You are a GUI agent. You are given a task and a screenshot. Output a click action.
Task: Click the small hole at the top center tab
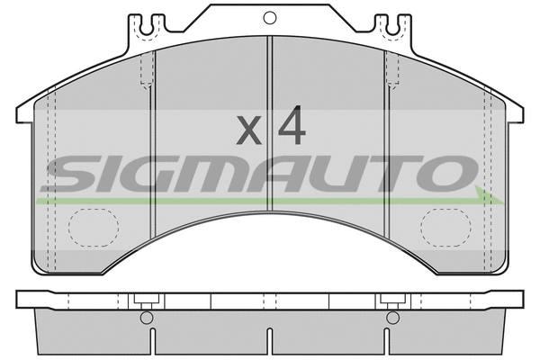[269, 15]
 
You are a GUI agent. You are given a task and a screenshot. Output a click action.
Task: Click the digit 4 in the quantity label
[291, 128]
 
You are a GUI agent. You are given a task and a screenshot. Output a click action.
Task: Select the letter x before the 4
[249, 131]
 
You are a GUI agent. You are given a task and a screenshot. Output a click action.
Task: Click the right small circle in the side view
[391, 318]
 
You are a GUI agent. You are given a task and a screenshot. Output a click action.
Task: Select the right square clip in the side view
[391, 300]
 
